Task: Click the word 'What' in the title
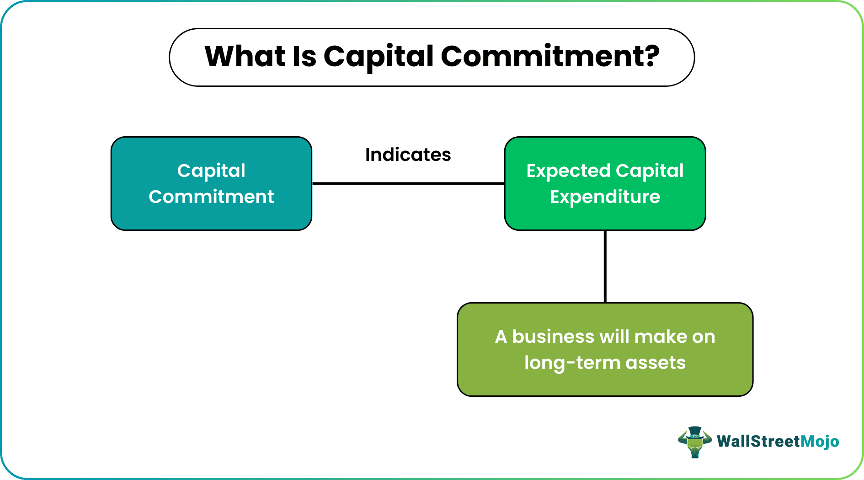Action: tap(245, 57)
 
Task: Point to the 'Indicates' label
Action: tap(408, 155)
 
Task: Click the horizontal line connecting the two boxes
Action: tap(408, 183)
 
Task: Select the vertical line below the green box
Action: tap(605, 266)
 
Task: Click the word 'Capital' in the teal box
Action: tap(211, 171)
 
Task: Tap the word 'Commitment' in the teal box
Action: tap(211, 197)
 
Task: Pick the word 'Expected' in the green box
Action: tap(568, 171)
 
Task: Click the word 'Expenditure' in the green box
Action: tap(605, 197)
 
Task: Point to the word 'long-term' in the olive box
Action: tap(572, 363)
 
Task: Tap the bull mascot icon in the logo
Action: tap(695, 443)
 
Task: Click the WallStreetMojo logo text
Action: tap(778, 441)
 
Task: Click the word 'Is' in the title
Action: tap(304, 57)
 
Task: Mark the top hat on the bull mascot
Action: tap(695, 431)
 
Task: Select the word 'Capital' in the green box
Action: tap(649, 171)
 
